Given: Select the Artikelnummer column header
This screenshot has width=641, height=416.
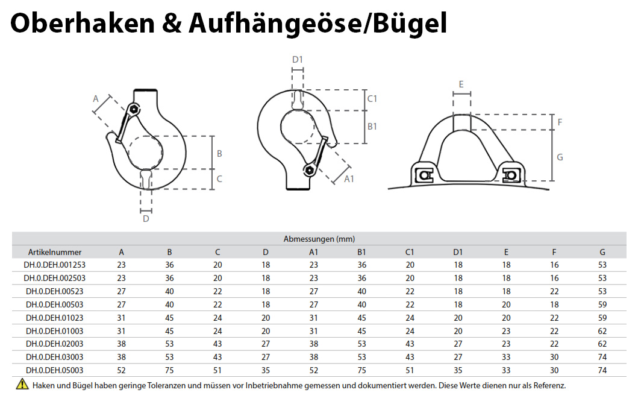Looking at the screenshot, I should pyautogui.click(x=55, y=252).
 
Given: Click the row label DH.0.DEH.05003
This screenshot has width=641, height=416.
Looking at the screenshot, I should pyautogui.click(x=55, y=370).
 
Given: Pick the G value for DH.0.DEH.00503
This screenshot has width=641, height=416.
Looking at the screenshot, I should pyautogui.click(x=602, y=304).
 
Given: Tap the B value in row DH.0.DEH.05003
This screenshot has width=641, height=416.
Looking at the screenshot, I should pyautogui.click(x=170, y=370).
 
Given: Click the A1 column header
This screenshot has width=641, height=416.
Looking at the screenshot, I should pyautogui.click(x=314, y=252).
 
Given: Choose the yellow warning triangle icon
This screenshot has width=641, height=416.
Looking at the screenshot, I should pyautogui.click(x=22, y=384).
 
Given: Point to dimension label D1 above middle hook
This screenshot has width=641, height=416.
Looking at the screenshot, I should pyautogui.click(x=297, y=59).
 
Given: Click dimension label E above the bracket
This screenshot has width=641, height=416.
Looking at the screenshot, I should pyautogui.click(x=461, y=84).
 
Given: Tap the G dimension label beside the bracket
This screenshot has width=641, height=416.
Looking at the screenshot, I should pyautogui.click(x=560, y=157).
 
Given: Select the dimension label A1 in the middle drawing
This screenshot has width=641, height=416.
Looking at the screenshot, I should pyautogui.click(x=349, y=178).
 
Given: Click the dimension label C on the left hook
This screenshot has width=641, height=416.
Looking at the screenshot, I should pyautogui.click(x=219, y=178).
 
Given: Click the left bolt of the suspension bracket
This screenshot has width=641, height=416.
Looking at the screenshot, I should pyautogui.click(x=425, y=175).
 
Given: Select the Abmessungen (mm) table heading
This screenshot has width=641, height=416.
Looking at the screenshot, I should pyautogui.click(x=319, y=239).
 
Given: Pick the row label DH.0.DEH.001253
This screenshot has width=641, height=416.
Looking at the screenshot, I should pyautogui.click(x=55, y=265).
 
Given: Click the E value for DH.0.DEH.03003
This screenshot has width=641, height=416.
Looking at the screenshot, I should pyautogui.click(x=506, y=357).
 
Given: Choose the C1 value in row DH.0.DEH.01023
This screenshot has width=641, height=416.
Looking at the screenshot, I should pyautogui.click(x=410, y=318).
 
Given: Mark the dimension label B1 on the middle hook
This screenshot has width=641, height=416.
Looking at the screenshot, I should pyautogui.click(x=372, y=126).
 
